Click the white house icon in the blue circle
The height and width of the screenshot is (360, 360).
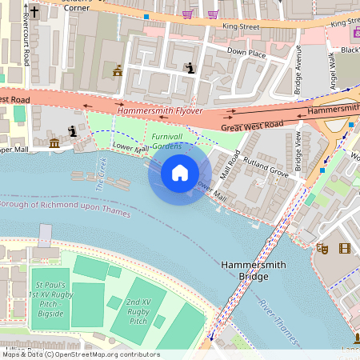[x=180, y=172]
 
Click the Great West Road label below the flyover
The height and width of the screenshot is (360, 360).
[x=252, y=126]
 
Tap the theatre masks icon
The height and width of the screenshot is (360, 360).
[x=323, y=249]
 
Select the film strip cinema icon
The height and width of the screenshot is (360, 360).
[x=345, y=249]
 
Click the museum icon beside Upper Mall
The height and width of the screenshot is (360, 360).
[x=54, y=143]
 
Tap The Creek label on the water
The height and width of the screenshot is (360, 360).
[x=102, y=174]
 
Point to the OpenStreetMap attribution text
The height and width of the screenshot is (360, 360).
[x=80, y=354]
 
